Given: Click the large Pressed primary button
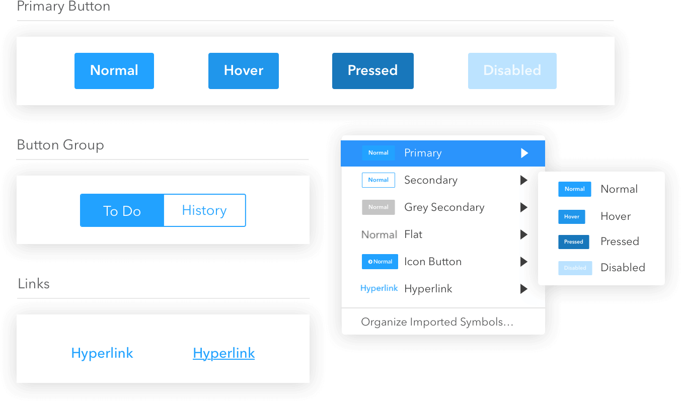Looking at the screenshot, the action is pyautogui.click(x=373, y=71).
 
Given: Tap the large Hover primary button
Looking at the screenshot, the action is pyautogui.click(x=244, y=71).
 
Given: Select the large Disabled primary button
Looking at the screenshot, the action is pyautogui.click(x=512, y=71).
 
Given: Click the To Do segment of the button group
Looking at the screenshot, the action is pyautogui.click(x=122, y=210).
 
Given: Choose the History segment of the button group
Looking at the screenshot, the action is pyautogui.click(x=205, y=210).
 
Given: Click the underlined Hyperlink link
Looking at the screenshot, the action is pyautogui.click(x=224, y=353).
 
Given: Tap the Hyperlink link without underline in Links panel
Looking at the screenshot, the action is pyautogui.click(x=102, y=353).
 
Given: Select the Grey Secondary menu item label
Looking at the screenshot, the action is pyautogui.click(x=444, y=207).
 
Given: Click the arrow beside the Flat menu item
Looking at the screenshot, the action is pyautogui.click(x=523, y=234).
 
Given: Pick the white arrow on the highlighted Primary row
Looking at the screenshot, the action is pyautogui.click(x=524, y=153).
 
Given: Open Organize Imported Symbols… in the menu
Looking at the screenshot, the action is pyautogui.click(x=437, y=322).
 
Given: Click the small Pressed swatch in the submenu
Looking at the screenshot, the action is pyautogui.click(x=574, y=242).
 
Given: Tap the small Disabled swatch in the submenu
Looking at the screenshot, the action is pyautogui.click(x=575, y=268).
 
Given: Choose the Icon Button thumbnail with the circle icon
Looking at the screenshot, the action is pyautogui.click(x=380, y=262).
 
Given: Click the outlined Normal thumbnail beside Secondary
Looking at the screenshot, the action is pyautogui.click(x=379, y=180).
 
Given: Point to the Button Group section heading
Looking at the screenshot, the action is pyautogui.click(x=60, y=145).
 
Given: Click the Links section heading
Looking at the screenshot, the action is pyautogui.click(x=34, y=284).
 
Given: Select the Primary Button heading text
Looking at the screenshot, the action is pyautogui.click(x=63, y=6).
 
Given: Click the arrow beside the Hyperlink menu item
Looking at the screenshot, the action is pyautogui.click(x=523, y=289).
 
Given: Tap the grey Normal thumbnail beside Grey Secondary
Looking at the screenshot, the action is pyautogui.click(x=379, y=207).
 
